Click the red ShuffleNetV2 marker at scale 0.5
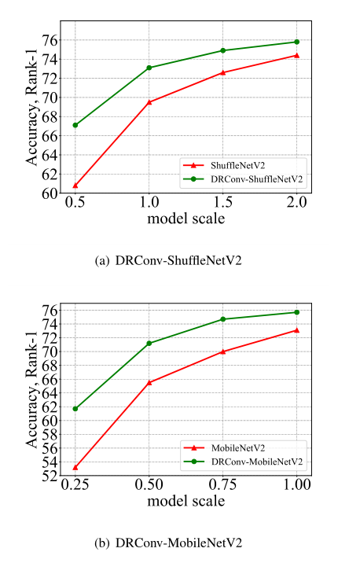click(x=75, y=186)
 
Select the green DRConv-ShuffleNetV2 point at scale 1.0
click(x=149, y=68)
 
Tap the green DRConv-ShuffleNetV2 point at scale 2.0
click(x=297, y=42)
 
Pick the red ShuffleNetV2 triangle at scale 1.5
click(x=223, y=72)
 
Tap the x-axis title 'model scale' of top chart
click(x=186, y=218)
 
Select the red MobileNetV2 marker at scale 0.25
click(x=75, y=467)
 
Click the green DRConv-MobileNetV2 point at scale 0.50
click(x=149, y=343)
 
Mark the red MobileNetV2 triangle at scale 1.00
click(x=297, y=330)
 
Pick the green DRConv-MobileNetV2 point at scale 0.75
click(x=223, y=319)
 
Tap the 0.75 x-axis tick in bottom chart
click(x=223, y=486)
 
